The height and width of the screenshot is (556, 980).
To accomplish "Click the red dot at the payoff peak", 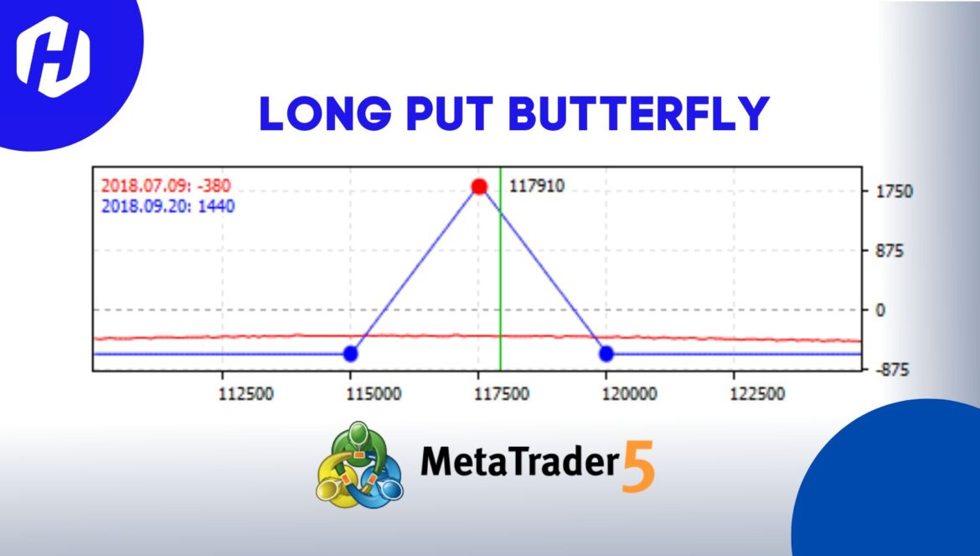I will pos(479,186).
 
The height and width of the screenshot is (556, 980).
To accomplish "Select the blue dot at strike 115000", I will pos(351,354).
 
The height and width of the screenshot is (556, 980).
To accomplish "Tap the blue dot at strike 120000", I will pos(606,354).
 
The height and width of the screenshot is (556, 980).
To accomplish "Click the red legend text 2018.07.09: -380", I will pos(166,186).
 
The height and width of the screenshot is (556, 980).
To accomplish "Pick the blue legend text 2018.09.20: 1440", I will pos(168,205).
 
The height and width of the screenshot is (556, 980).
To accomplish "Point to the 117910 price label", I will pos(537,186).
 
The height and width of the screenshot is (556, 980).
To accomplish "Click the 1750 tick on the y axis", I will pos(894,192).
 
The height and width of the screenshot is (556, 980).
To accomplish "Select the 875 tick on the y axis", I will pos(889,251).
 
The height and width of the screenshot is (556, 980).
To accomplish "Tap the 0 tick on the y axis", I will pos(880,310).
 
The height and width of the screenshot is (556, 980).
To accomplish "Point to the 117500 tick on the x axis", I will pos(503,394).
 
